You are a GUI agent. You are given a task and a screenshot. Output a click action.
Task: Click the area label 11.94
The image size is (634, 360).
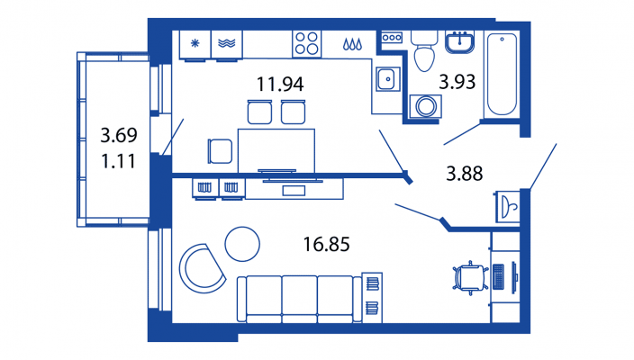(x=280, y=84)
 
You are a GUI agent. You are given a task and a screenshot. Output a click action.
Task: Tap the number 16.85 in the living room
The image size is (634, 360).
(x=326, y=245)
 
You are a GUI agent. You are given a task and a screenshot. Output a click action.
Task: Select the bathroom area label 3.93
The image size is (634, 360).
(x=457, y=82)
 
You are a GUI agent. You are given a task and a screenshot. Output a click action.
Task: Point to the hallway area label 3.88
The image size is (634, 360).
(x=464, y=174)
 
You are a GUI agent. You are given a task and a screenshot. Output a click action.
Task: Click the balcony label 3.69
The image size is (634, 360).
(x=119, y=135)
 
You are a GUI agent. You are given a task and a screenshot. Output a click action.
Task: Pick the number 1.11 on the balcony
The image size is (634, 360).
(x=118, y=162)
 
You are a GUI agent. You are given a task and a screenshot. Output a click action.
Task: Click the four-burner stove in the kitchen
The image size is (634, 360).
(x=306, y=43)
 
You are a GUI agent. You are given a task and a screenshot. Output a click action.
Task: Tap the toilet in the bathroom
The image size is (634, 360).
(x=424, y=51)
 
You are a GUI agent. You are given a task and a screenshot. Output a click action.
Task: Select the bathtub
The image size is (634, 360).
(x=502, y=75)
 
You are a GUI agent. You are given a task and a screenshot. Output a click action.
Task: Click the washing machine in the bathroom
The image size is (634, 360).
(x=425, y=107)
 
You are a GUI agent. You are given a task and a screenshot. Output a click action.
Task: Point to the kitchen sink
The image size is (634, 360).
(x=387, y=79)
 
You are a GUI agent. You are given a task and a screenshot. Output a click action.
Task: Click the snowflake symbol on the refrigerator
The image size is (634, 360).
(x=195, y=43)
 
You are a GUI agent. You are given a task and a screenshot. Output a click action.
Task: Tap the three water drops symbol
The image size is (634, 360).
(x=352, y=44)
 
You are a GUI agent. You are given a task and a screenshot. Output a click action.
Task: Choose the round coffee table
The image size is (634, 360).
(x=242, y=244)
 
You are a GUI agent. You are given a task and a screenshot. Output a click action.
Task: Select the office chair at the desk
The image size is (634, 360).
(x=470, y=278)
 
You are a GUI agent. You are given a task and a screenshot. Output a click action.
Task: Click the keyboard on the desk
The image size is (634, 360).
(x=499, y=276)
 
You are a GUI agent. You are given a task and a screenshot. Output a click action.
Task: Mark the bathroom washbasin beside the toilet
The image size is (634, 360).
(x=459, y=42)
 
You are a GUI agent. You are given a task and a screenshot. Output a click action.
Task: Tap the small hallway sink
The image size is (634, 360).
(x=508, y=207)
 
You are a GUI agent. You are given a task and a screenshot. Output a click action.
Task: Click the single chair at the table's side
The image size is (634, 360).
(x=221, y=151)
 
